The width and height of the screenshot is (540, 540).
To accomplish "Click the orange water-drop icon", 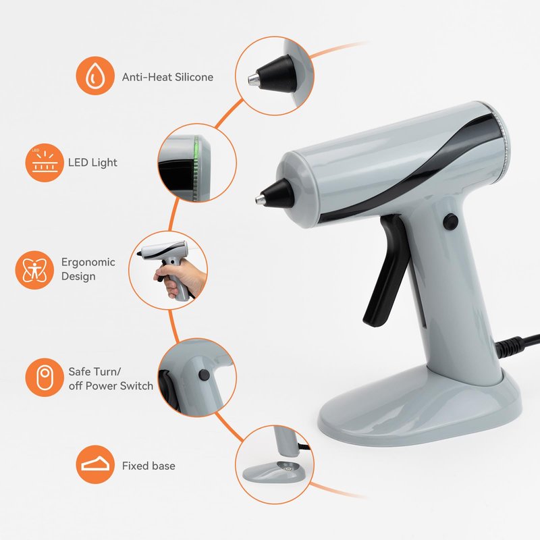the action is coord(95,76).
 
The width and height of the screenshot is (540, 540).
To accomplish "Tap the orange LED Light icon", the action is coord(45,163).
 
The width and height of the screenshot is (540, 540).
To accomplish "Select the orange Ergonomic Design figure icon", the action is coord(34,270).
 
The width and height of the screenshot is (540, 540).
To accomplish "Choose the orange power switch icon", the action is coord(45,377).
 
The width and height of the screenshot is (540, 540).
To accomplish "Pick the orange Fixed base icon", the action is coord(95,464).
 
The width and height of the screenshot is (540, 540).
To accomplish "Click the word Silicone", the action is coord(194,77).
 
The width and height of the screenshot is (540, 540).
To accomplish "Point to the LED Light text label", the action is coord(92,163).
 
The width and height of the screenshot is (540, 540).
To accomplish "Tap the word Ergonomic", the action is coord(88,262).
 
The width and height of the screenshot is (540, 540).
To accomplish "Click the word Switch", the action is coord(137,385).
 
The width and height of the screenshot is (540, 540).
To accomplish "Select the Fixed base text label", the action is coord(148,466).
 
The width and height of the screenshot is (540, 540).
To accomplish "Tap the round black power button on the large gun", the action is coord(450,221).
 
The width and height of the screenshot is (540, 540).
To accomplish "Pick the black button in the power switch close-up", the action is coord(204,375).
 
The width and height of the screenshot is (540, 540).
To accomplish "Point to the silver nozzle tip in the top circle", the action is coord(253,79).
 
